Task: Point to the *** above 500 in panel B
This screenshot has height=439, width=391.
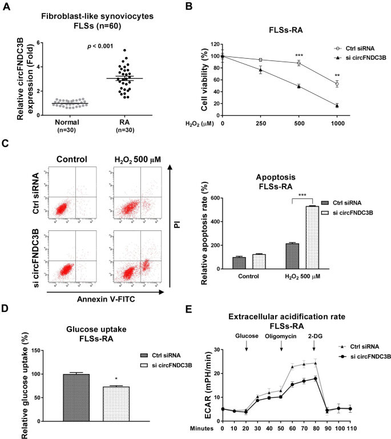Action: (298, 56)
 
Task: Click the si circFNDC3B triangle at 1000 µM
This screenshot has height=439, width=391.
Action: (337, 105)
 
